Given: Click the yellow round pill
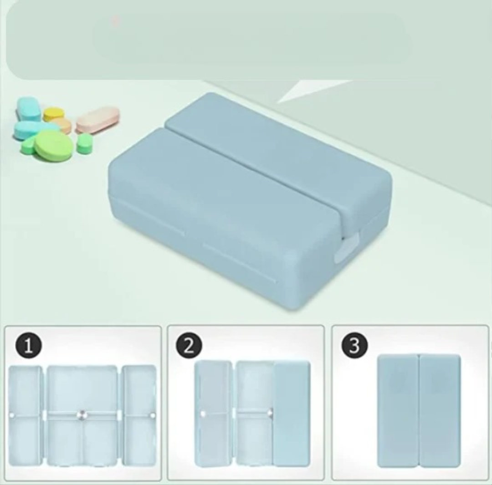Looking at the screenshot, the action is (53, 114).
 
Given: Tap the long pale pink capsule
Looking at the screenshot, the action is (98, 119).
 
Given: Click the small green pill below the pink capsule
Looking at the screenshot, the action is (85, 144).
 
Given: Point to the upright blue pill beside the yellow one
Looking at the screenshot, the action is (29, 108).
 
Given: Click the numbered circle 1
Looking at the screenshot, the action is (28, 347).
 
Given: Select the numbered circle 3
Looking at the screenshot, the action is (354, 345).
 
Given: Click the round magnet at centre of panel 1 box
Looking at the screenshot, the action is (82, 415).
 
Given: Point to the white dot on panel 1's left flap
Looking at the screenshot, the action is (12, 415).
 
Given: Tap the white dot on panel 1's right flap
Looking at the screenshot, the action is (153, 415).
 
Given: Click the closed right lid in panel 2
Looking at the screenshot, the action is (292, 413).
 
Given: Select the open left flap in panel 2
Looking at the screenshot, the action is (213, 413).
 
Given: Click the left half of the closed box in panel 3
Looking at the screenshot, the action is (398, 411).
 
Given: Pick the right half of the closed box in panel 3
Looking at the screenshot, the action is (440, 411).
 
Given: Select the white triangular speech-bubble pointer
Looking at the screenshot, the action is (311, 90).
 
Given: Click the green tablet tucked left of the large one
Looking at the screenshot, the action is (29, 145).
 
